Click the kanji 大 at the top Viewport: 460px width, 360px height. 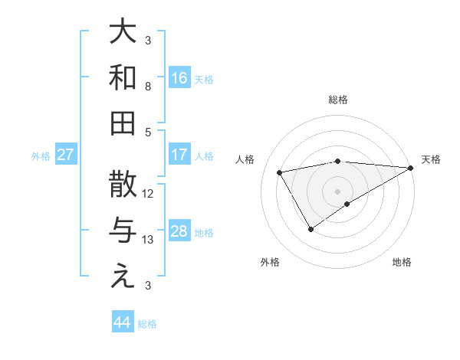pyautogui.click(x=123, y=33)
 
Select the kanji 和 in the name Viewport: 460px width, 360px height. pyautogui.click(x=123, y=77)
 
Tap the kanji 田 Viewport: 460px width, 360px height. pyautogui.click(x=123, y=122)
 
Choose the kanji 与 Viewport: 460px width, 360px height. pyautogui.click(x=123, y=231)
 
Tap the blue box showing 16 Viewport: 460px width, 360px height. pyautogui.click(x=179, y=77)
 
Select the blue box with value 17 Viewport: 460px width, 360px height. pyautogui.click(x=179, y=155)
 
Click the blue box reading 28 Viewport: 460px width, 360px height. pyautogui.click(x=179, y=232)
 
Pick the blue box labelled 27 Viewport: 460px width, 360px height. pyautogui.click(x=66, y=155)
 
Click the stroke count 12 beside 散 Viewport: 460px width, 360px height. pyautogui.click(x=149, y=193)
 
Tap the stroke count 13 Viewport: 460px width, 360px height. pyautogui.click(x=149, y=240)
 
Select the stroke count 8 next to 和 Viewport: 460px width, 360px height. pyautogui.click(x=149, y=86)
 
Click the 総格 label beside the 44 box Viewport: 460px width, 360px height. pyautogui.click(x=147, y=324)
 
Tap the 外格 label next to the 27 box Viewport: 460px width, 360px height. pyautogui.click(x=41, y=156)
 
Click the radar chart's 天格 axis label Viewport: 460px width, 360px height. pyautogui.click(x=431, y=159)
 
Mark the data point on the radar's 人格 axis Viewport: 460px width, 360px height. pyautogui.click(x=280, y=173)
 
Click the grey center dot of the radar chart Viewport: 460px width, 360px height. pyautogui.click(x=337, y=190)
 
